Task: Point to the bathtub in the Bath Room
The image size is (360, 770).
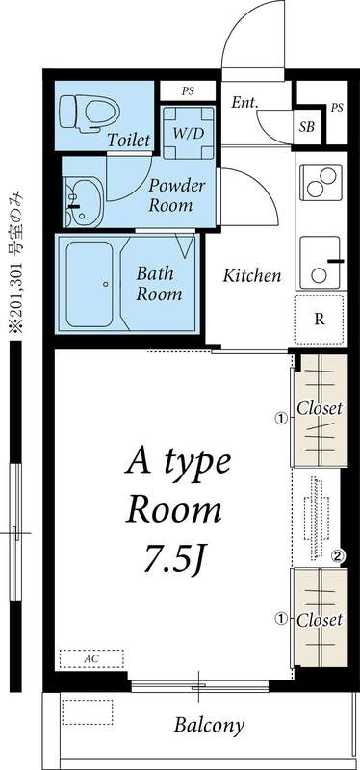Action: [91, 284]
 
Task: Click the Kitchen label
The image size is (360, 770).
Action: [252, 276]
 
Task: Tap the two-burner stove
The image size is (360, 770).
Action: [321, 179]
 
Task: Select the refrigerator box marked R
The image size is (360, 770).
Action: [321, 320]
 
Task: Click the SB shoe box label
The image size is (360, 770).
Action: [306, 126]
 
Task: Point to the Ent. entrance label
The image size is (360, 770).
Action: [244, 103]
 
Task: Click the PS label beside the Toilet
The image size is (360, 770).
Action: [188, 90]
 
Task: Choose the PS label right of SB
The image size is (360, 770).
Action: [336, 108]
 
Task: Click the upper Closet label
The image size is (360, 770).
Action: [319, 408]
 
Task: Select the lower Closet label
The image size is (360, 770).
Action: [319, 620]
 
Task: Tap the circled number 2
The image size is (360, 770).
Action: [338, 555]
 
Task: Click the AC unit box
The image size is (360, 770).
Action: [91, 658]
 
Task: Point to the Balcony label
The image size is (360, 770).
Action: [209, 725]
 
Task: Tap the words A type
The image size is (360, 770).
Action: [178, 464]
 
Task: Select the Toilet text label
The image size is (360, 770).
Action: [129, 141]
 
